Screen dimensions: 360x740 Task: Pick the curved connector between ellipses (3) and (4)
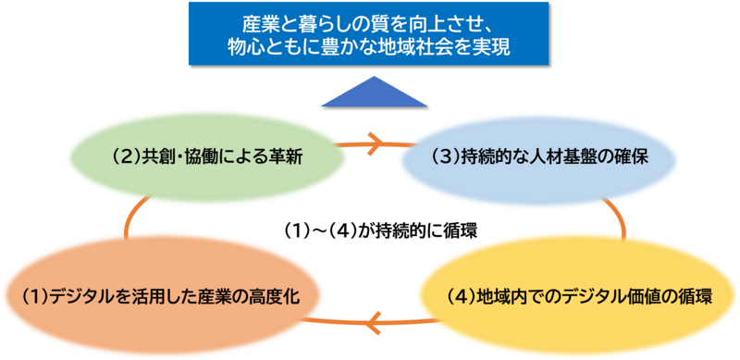pos(611,218)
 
